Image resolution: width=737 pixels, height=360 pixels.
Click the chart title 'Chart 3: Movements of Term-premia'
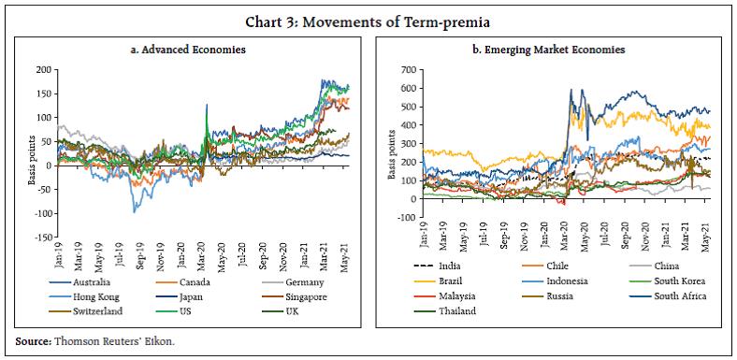point(368,13)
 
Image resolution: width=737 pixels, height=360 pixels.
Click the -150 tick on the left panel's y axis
point(38,238)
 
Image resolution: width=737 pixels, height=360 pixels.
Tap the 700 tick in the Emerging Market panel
point(407,70)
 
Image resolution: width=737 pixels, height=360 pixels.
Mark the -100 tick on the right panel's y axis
point(405,218)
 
